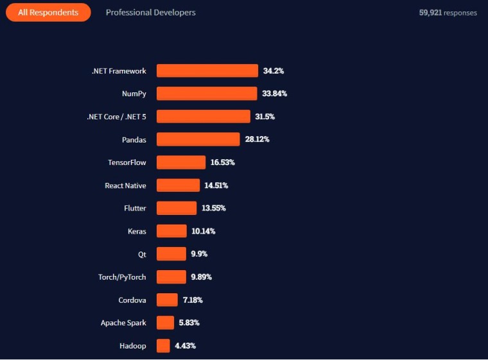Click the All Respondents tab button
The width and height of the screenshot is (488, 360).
click(x=48, y=12)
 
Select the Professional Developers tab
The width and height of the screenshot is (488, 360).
click(x=151, y=12)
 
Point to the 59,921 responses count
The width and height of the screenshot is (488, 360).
click(x=448, y=13)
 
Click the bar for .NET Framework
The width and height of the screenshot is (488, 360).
click(x=207, y=71)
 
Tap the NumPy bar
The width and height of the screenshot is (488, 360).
click(x=207, y=94)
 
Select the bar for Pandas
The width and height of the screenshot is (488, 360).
click(x=198, y=139)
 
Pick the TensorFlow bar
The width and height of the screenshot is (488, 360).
click(x=181, y=162)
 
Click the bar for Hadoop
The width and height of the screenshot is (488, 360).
click(x=163, y=346)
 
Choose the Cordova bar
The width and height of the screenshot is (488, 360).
click(x=167, y=300)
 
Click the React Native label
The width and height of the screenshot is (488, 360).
click(x=125, y=185)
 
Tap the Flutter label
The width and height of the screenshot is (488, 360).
click(x=135, y=209)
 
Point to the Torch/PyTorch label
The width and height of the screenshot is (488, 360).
click(x=122, y=277)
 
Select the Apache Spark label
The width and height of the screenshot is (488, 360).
click(x=123, y=323)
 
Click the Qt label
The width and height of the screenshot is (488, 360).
click(x=142, y=254)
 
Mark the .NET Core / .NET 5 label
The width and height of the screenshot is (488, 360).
click(x=116, y=117)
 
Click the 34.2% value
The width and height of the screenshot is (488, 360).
click(x=274, y=71)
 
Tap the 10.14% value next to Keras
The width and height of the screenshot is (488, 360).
click(x=204, y=231)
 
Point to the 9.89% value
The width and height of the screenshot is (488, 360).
click(x=201, y=277)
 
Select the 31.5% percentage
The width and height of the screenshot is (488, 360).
click(x=265, y=117)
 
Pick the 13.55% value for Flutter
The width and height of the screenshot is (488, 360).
click(x=214, y=209)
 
